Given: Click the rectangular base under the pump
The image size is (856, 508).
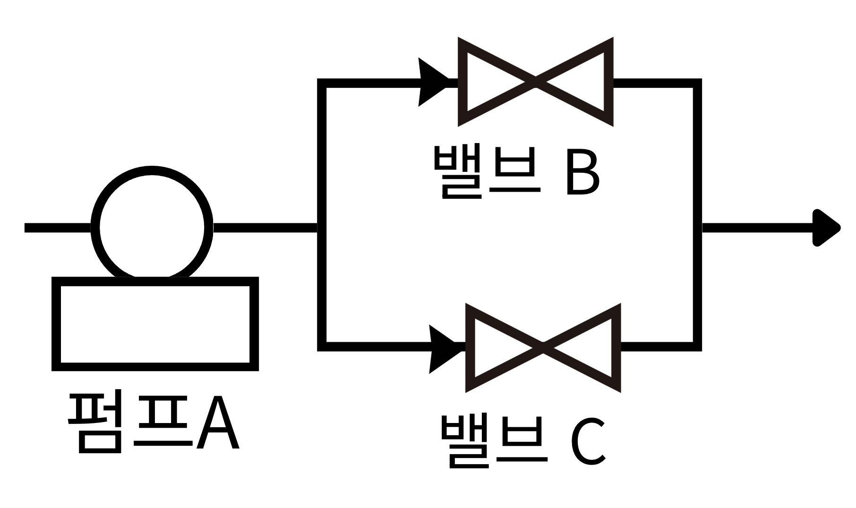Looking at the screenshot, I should click(x=155, y=324).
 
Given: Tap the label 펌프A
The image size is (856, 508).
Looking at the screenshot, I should click(x=154, y=423).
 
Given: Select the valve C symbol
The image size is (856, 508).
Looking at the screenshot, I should click(x=543, y=348).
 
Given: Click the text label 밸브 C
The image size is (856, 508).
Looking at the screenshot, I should click(x=522, y=440).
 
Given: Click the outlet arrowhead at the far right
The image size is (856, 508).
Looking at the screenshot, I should click(x=826, y=228).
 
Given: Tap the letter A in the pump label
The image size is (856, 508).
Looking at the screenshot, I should click(x=218, y=423).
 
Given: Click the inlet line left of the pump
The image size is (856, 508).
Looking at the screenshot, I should click(x=57, y=228).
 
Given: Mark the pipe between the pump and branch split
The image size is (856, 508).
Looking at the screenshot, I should click(x=265, y=228).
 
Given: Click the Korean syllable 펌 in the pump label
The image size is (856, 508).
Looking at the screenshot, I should click(x=97, y=423).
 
